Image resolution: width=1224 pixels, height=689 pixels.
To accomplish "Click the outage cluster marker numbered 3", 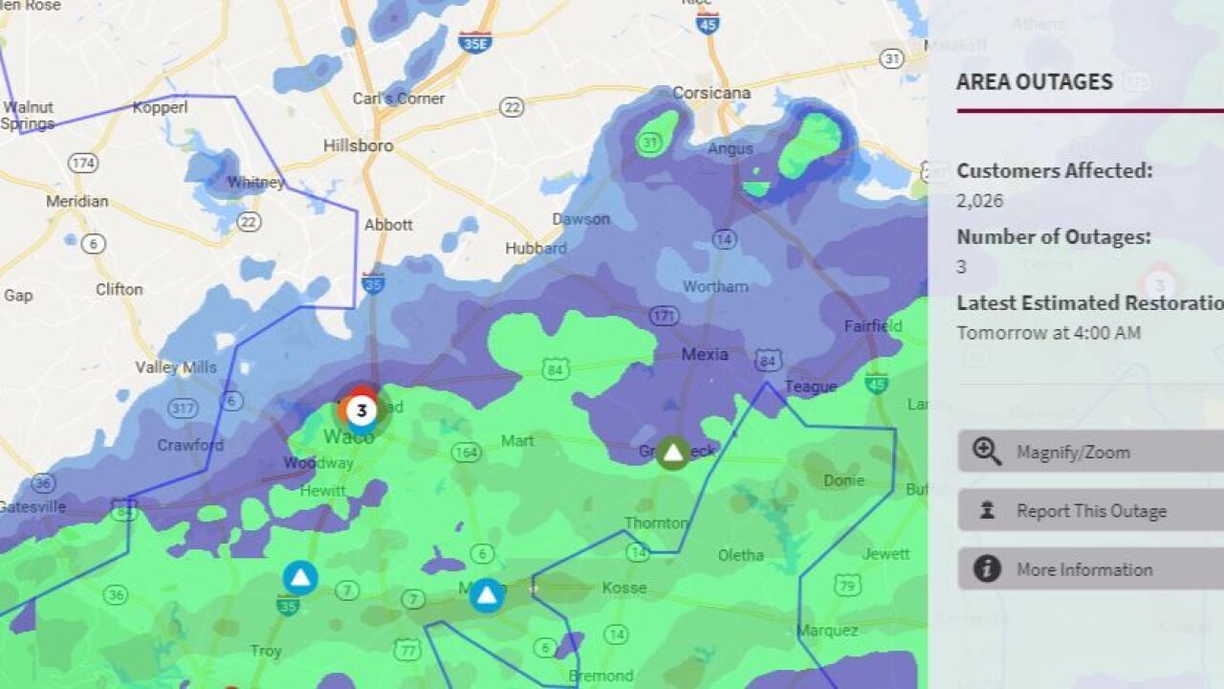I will point(361,411).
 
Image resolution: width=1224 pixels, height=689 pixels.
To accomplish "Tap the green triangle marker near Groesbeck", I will point(673,453).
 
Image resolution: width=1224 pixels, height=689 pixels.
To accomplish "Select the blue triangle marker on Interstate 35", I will point(300,578).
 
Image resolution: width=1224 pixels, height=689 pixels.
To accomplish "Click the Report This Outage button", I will point(1090,511).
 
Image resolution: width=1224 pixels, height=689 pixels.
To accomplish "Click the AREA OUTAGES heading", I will point(1035,81).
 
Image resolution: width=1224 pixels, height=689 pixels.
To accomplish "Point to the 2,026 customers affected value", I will point(980,201).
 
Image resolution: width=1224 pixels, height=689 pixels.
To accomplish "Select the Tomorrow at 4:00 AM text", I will point(1049,333).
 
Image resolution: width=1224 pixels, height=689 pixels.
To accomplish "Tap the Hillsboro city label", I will point(358,146).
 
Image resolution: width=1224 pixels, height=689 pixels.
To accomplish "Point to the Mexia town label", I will point(705,354).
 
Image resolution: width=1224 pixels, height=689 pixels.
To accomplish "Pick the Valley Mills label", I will point(175,367).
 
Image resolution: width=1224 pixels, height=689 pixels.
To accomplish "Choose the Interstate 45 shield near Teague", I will point(876,383).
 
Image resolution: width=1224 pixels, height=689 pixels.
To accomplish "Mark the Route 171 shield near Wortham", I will point(664,316).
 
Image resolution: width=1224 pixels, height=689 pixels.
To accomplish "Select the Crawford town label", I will point(190,445).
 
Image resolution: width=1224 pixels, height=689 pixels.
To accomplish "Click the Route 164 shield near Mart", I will point(466,451).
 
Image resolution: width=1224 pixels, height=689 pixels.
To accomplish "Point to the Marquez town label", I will point(827,631).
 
